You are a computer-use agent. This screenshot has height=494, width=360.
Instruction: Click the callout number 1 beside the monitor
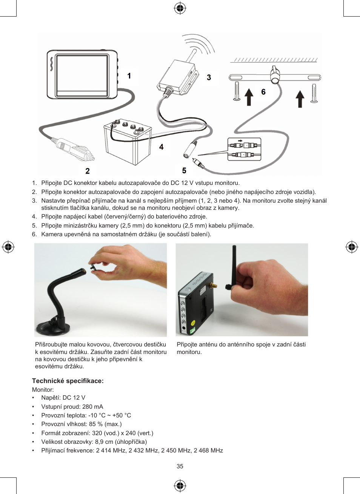click(x=129, y=76)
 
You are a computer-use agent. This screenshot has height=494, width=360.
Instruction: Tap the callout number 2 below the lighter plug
click(x=88, y=171)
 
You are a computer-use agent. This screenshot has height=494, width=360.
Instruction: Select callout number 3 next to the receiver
click(x=209, y=77)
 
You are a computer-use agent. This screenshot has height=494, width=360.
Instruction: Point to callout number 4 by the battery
click(x=161, y=147)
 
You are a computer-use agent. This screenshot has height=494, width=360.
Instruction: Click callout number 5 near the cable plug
click(x=184, y=171)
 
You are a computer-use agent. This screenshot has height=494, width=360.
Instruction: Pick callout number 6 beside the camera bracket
click(x=263, y=92)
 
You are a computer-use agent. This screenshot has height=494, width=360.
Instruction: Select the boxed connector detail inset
click(x=244, y=149)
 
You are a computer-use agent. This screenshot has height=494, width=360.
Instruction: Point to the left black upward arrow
click(x=249, y=97)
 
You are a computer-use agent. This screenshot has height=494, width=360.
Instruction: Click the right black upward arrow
click(x=300, y=99)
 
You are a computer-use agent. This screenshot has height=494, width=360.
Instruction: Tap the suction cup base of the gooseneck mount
click(x=52, y=328)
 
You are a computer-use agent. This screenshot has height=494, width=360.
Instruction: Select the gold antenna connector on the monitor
click(x=213, y=286)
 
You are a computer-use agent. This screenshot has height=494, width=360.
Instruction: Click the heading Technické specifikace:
click(x=68, y=381)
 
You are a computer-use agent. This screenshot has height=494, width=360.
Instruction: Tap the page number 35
click(x=180, y=466)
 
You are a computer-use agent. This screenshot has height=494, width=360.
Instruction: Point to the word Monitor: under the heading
click(x=43, y=389)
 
